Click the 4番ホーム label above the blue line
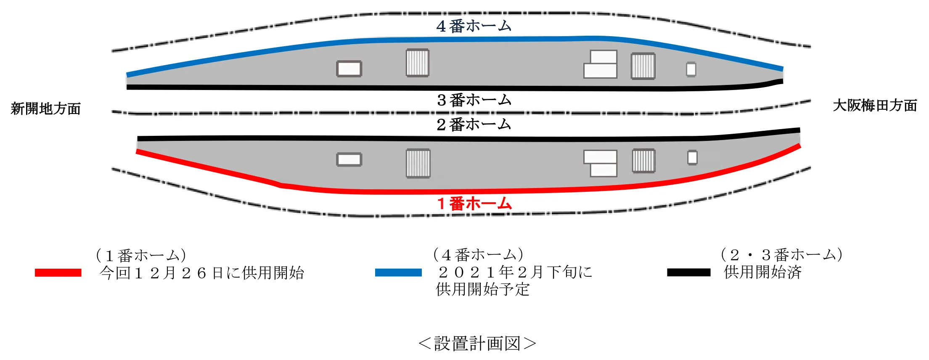pos(474,26)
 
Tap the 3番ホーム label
pos(474,100)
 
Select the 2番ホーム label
pos(474,124)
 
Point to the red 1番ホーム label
pos(474,204)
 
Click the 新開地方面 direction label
pos(45,109)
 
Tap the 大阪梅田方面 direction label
pos(875,105)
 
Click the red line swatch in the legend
pos(58,273)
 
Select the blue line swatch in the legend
pos(398,273)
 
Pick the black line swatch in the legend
pos(689,273)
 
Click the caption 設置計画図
pos(477,344)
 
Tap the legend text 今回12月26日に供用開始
pos(202,273)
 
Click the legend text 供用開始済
pos(762,272)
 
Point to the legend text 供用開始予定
pos(483,289)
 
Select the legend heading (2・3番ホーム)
pos(781,255)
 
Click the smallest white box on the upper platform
pos(691,69)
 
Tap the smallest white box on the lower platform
pos(692,158)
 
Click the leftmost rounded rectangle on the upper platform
pos(349,69)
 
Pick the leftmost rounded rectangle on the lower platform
pos(349,160)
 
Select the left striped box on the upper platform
pos(418,63)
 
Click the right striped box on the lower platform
pos(644,161)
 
